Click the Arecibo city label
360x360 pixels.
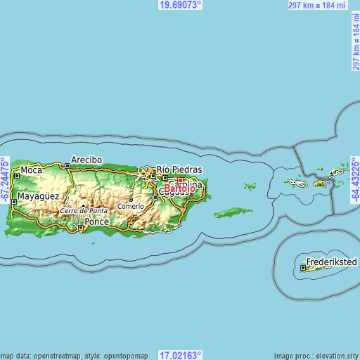point(86,160)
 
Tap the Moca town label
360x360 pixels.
point(31,170)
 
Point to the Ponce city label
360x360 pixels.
point(97,221)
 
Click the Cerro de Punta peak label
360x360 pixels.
point(84,211)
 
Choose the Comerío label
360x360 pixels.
point(130,206)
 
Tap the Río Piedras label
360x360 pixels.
point(179,169)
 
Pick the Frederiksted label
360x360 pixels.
point(331,262)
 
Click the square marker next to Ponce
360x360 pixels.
point(81,227)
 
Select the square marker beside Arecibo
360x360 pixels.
point(67,166)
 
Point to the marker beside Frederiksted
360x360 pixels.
point(303,267)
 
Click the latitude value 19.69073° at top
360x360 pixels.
point(181,5)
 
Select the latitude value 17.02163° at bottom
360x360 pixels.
point(181,355)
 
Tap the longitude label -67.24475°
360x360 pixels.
point(5,180)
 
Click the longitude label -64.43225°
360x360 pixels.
point(355,180)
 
